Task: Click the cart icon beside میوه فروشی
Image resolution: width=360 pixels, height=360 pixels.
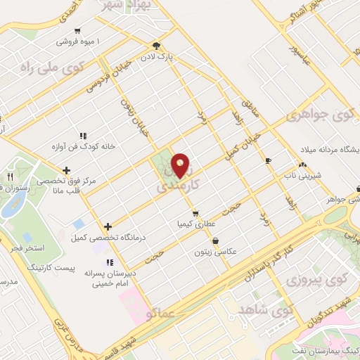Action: (77, 31)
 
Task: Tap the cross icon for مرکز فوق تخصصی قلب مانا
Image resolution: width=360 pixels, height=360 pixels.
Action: (66, 169)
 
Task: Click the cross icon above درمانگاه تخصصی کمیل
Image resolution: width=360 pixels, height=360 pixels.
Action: (107, 226)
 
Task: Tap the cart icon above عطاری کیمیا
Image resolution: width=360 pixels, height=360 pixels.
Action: (195, 213)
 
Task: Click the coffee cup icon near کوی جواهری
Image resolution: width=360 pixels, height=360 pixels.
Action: (267, 161)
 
